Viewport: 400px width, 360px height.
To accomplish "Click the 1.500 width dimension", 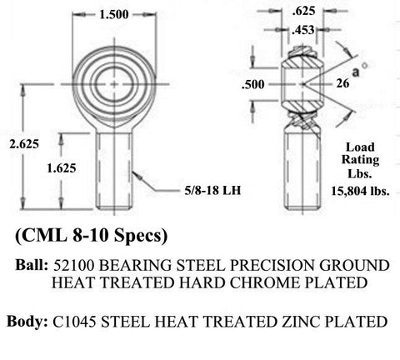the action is [114, 14].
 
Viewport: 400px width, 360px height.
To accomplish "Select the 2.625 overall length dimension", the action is [24, 144].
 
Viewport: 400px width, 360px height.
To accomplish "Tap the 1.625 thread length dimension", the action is [62, 168].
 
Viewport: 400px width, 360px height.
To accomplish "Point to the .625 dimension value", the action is [303, 11].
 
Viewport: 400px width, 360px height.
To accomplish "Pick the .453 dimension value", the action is [303, 30].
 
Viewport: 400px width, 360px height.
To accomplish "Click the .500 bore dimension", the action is [253, 84].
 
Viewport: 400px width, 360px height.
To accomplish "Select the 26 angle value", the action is [342, 83].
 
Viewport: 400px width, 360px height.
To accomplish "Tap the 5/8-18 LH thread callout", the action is [212, 191].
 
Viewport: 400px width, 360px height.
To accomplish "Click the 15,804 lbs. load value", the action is [360, 191].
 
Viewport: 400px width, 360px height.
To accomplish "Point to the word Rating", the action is [360, 160].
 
